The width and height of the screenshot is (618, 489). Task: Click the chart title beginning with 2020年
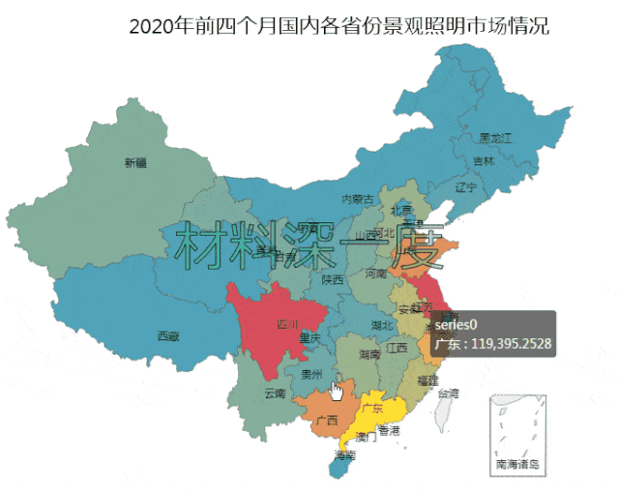click(x=338, y=26)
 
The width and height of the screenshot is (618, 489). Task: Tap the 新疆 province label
click(x=135, y=162)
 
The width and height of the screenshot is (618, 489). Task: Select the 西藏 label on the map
click(x=167, y=335)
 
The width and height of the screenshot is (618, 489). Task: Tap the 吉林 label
click(x=484, y=160)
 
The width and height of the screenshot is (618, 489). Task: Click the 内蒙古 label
click(x=358, y=199)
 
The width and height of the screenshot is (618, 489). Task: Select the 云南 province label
click(x=275, y=393)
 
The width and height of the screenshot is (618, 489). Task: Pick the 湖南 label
click(x=368, y=355)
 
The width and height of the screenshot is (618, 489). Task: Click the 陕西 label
click(x=333, y=279)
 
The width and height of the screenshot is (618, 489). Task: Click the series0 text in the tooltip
click(x=456, y=325)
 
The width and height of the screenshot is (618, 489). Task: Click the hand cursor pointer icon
click(x=337, y=389)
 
